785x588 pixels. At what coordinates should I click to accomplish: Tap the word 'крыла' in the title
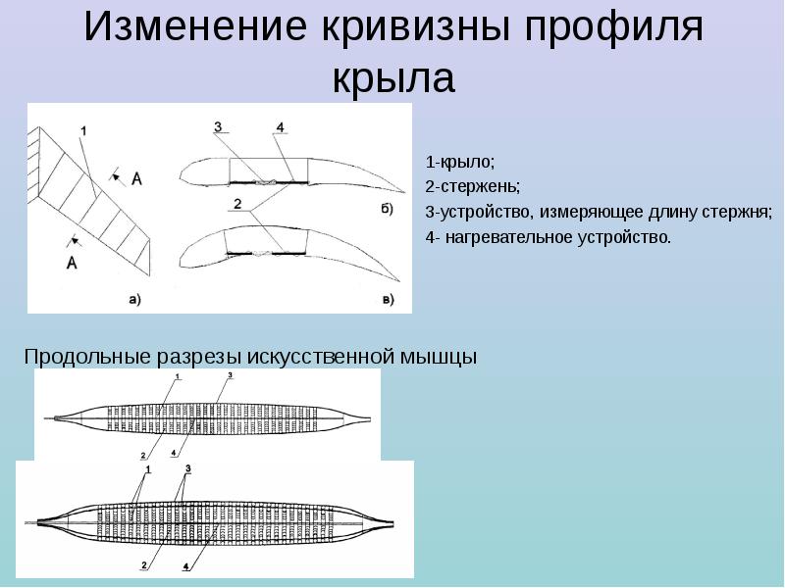(x=393, y=77)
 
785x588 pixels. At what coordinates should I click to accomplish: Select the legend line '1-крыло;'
(x=453, y=161)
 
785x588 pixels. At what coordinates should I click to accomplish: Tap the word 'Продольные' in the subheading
(x=86, y=357)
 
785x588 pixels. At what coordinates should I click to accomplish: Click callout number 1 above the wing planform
(x=83, y=130)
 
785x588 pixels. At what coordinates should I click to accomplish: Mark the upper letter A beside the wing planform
(x=136, y=177)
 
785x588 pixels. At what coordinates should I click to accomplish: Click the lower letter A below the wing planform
(x=72, y=262)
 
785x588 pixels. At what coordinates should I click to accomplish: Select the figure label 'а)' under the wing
(x=134, y=300)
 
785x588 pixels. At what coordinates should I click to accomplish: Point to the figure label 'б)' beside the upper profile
(x=386, y=208)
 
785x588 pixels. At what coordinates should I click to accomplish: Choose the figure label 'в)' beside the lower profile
(x=387, y=299)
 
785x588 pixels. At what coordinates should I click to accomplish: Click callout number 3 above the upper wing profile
(x=219, y=126)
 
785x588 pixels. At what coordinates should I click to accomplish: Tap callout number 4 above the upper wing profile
(x=281, y=127)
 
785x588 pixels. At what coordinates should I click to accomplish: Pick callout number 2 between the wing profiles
(x=238, y=203)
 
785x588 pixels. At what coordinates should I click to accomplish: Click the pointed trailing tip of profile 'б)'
(x=403, y=191)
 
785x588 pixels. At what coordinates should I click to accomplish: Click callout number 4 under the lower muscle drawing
(x=187, y=567)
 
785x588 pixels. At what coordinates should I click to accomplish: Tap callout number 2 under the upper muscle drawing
(x=143, y=456)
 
